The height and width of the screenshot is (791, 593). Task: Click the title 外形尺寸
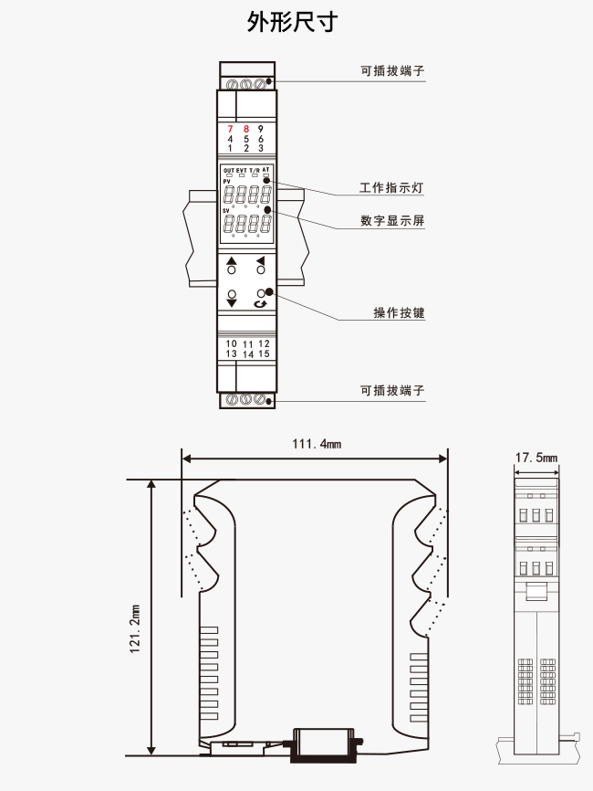tap(292, 22)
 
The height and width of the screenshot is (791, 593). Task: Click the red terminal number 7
tap(230, 129)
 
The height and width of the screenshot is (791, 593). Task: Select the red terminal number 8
tap(245, 129)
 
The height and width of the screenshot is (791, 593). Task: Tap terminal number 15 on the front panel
tap(264, 353)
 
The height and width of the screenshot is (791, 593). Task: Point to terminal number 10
tap(231, 343)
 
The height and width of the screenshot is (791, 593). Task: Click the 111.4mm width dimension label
tap(317, 444)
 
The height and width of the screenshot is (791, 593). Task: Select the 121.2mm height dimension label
tap(134, 628)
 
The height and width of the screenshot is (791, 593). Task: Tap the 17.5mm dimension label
tap(536, 458)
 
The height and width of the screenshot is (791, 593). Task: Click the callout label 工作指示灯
tap(391, 187)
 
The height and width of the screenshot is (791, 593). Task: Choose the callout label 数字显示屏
tap(392, 220)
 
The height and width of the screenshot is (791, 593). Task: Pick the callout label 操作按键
tap(399, 312)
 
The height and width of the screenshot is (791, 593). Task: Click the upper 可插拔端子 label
tap(392, 70)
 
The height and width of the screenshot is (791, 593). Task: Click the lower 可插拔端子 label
tap(392, 390)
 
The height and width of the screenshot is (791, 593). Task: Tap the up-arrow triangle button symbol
tap(231, 261)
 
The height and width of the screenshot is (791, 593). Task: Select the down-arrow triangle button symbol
tap(232, 302)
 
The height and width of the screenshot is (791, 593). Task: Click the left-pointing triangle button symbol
tap(261, 260)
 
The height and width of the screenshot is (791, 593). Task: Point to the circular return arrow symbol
tap(261, 303)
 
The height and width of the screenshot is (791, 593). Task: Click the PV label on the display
tap(227, 181)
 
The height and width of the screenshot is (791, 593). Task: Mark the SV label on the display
tap(226, 210)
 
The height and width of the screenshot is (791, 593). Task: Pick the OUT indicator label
tap(229, 171)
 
